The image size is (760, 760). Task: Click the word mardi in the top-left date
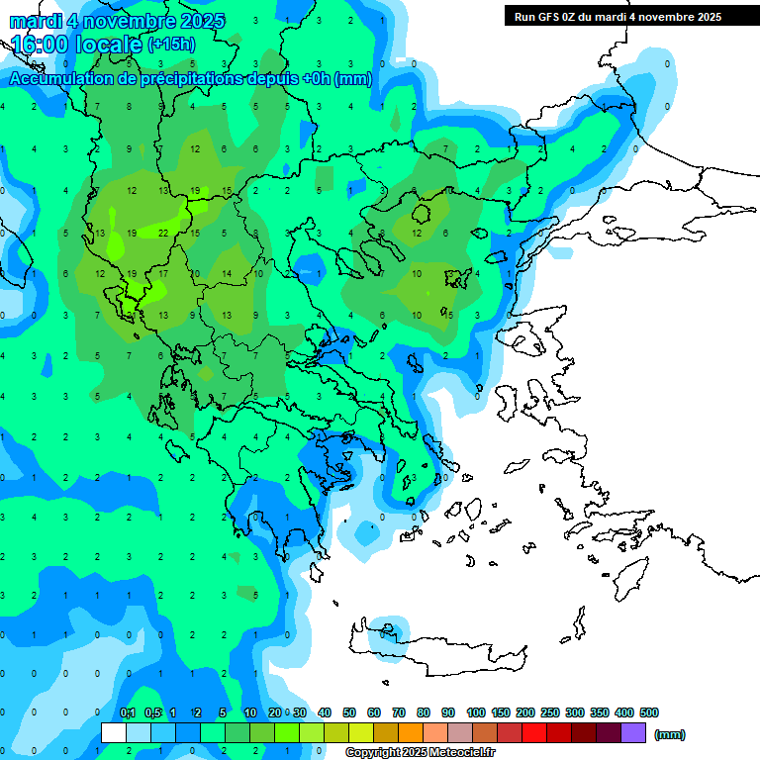pyautogui.click(x=36, y=20)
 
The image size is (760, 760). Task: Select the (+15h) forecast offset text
pyautogui.click(x=170, y=45)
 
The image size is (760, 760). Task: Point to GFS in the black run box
pyautogui.click(x=550, y=17)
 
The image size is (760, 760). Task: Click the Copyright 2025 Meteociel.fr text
pyautogui.click(x=420, y=752)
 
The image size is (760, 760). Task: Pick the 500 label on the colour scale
pyautogui.click(x=648, y=712)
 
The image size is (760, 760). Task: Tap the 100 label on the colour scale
pyautogui.click(x=475, y=712)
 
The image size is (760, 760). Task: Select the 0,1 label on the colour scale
pyautogui.click(x=127, y=712)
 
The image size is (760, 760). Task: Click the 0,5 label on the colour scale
pyautogui.click(x=152, y=712)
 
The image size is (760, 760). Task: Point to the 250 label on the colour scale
pyautogui.click(x=549, y=712)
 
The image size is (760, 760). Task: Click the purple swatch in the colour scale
pyautogui.click(x=632, y=733)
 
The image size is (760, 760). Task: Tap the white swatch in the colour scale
pyautogui.click(x=114, y=733)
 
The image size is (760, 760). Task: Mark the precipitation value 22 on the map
pyautogui.click(x=162, y=234)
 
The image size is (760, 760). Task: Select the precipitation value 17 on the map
pyautogui.click(x=163, y=274)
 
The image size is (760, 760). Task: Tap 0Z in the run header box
pyautogui.click(x=575, y=17)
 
